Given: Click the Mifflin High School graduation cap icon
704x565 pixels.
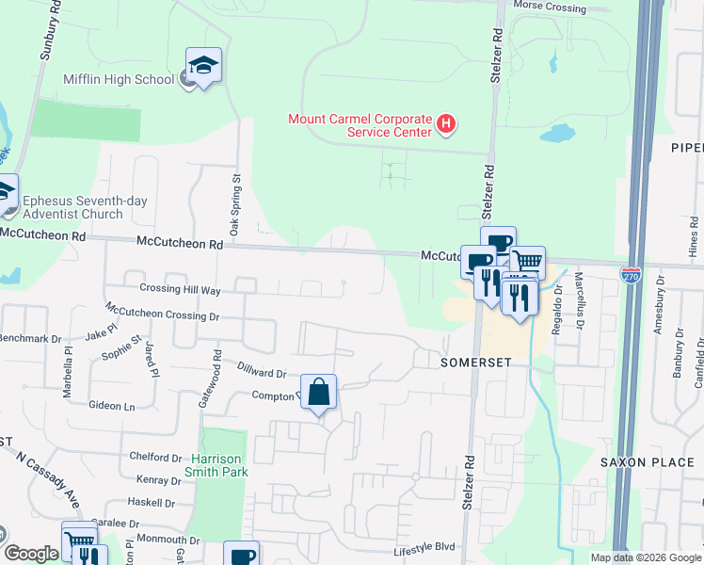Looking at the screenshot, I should point(203,66).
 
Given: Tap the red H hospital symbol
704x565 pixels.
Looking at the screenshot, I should point(447,122).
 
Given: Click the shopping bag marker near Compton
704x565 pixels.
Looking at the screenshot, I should point(318,392).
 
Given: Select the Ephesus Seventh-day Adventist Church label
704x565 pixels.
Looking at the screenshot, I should point(85,207).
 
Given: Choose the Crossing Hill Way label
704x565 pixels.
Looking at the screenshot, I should point(180,289).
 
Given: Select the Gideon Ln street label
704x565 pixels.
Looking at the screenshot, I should point(112,406).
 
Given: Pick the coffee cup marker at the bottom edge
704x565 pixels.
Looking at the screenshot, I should point(242,555).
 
